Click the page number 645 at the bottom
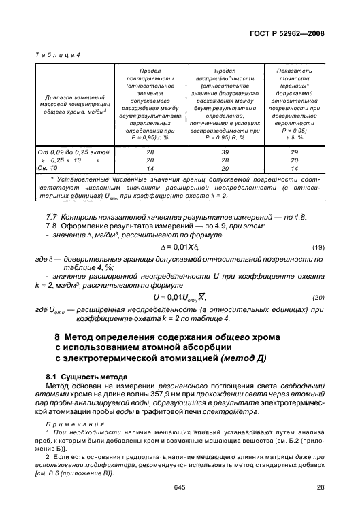[x=180, y=487]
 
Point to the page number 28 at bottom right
[x=321, y=487]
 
